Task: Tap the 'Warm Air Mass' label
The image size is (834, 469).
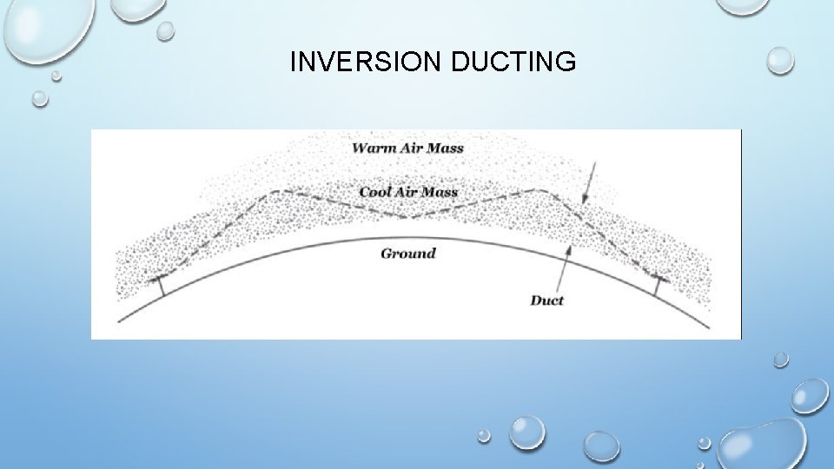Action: coord(407,148)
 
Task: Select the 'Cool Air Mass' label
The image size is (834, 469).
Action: coord(408,191)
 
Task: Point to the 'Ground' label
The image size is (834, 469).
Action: coord(408,254)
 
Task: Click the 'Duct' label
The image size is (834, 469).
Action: coord(546,301)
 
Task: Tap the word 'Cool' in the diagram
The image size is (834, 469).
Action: coord(376,191)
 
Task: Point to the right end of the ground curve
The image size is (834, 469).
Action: coord(709,327)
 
